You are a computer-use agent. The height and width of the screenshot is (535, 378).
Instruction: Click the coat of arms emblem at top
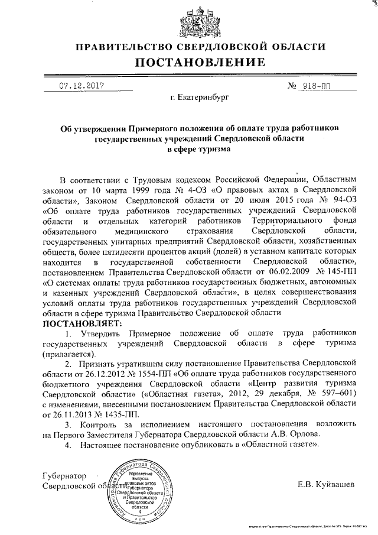click(x=189, y=20)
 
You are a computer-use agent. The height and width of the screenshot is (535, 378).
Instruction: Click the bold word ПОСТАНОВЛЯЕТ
click(x=81, y=325)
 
